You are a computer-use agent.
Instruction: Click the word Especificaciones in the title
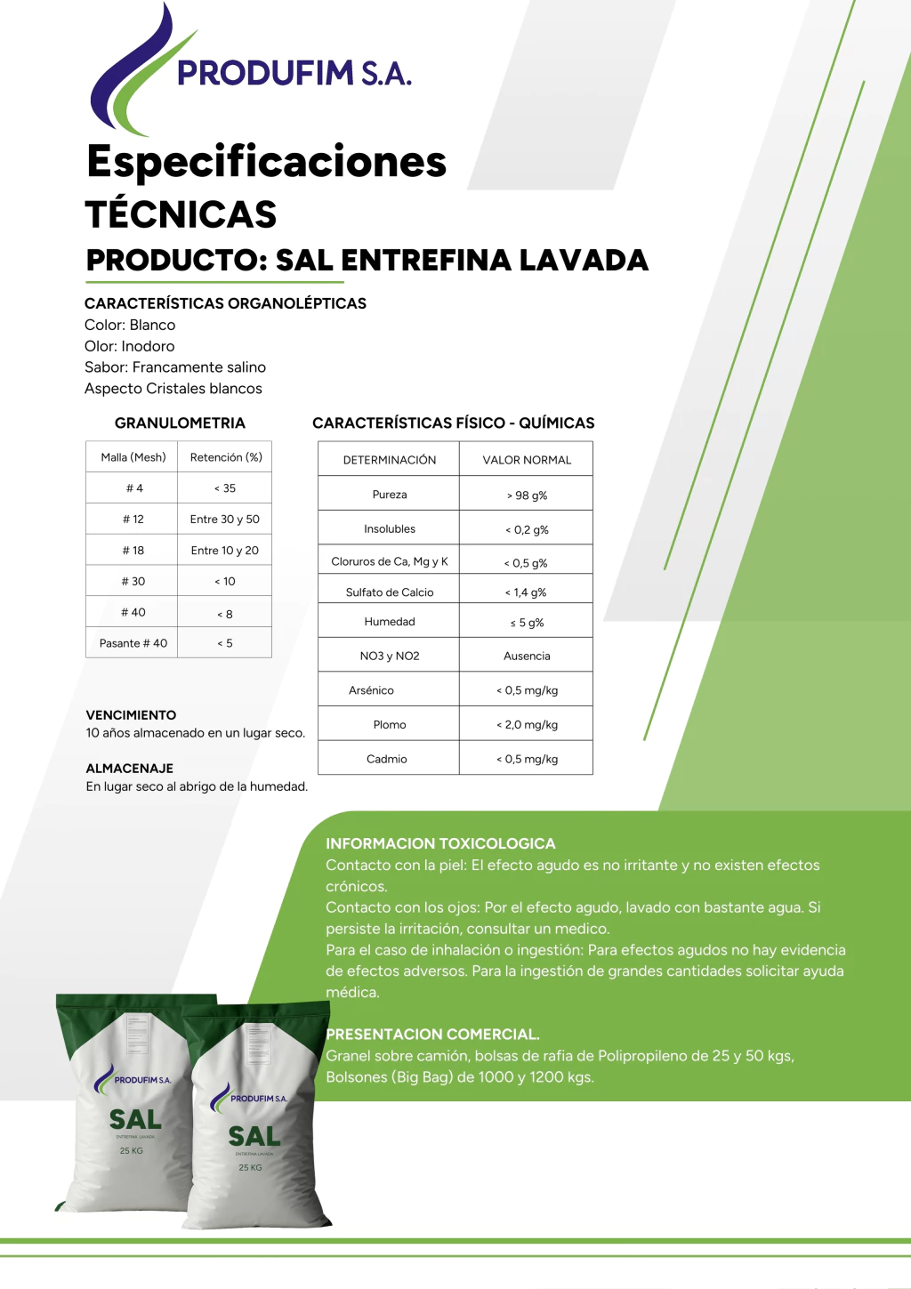[x=266, y=162]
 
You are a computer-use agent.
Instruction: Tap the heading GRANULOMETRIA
[x=180, y=423]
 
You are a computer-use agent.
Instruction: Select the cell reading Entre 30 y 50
[x=225, y=520]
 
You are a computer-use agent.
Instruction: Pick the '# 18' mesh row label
[x=133, y=551]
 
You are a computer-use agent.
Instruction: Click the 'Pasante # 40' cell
[x=133, y=643]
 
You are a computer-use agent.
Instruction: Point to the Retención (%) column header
[x=226, y=457]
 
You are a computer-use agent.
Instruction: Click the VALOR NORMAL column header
[x=527, y=460]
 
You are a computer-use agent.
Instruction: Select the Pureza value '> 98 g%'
[x=527, y=495]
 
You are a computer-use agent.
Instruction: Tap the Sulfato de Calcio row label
[x=390, y=592]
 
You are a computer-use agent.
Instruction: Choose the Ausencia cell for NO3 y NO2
[x=527, y=657]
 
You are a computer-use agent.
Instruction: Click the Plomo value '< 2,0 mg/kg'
[x=527, y=725]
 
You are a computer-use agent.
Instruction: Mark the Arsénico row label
[x=371, y=690]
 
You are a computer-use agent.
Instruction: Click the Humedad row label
[x=390, y=622]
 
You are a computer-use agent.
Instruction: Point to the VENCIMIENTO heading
[x=131, y=715]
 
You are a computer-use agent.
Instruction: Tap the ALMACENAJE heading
[x=130, y=769]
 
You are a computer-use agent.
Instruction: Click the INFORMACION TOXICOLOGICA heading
[x=440, y=843]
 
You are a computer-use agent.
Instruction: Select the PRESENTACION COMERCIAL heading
[x=433, y=1035]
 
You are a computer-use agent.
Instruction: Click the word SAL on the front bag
[x=254, y=1136]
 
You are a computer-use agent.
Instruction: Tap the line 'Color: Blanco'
[x=130, y=326]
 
